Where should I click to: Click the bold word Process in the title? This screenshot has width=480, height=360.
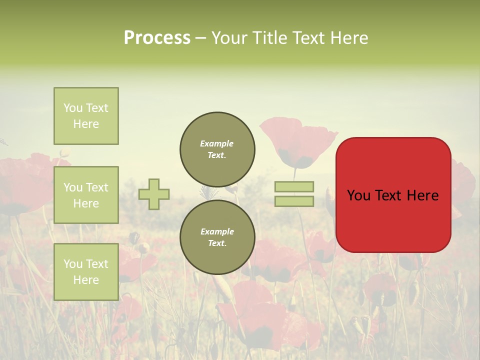coord(157,37)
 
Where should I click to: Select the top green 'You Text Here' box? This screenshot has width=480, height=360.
coord(86,116)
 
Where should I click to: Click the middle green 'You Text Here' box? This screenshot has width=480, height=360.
coord(86,195)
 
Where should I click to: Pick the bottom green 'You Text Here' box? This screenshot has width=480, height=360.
coord(86,271)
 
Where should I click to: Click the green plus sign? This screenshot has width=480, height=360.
coord(154,194)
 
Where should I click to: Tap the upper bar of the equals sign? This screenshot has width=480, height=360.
coord(294,186)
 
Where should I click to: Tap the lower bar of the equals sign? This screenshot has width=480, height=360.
coord(294,201)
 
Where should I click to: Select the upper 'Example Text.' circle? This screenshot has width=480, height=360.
coord(217,149)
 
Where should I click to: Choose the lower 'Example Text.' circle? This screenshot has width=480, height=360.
coord(217,237)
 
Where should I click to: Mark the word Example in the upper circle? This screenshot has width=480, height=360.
coord(217,143)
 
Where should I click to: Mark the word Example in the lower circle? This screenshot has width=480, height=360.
coord(217,231)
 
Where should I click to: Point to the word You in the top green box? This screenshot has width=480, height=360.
coord(72,108)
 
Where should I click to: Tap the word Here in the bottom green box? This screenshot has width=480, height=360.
coord(86,280)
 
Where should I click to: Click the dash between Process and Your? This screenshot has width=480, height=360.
coord(201,38)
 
